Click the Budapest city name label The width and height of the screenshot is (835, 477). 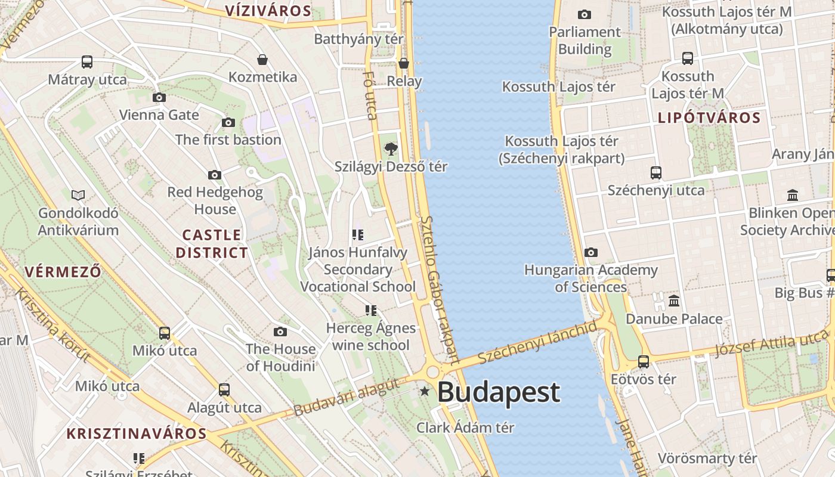pyautogui.click(x=499, y=392)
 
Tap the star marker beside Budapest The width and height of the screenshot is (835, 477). pyautogui.click(x=425, y=392)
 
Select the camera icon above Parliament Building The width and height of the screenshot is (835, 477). pyautogui.click(x=584, y=14)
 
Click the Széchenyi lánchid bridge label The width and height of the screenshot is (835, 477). pyautogui.click(x=537, y=343)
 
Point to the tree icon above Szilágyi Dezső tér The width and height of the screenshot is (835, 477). pyautogui.click(x=391, y=148)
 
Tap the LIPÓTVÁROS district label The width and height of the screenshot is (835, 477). pyautogui.click(x=709, y=117)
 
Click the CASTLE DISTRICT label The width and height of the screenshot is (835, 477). pyautogui.click(x=212, y=244)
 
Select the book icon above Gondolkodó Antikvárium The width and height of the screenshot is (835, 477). pyautogui.click(x=78, y=195)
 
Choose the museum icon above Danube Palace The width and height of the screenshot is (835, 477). pyautogui.click(x=674, y=301)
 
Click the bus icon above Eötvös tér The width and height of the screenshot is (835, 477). pyautogui.click(x=644, y=361)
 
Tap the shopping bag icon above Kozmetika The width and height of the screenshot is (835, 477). pyautogui.click(x=262, y=60)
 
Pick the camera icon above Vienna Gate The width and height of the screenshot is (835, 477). pyautogui.click(x=159, y=97)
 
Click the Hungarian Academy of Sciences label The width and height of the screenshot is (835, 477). pyautogui.click(x=590, y=278)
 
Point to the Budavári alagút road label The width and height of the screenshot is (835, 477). pyautogui.click(x=346, y=398)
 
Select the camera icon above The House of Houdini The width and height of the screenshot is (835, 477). pyautogui.click(x=280, y=332)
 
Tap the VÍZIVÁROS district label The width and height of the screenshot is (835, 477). pyautogui.click(x=268, y=11)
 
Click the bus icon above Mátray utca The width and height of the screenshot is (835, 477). pyautogui.click(x=87, y=61)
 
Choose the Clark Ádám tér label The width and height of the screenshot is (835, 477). pyautogui.click(x=465, y=428)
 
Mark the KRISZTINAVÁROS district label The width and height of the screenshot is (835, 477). pyautogui.click(x=137, y=433)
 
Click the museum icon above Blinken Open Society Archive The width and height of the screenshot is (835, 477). pyautogui.click(x=793, y=195)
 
